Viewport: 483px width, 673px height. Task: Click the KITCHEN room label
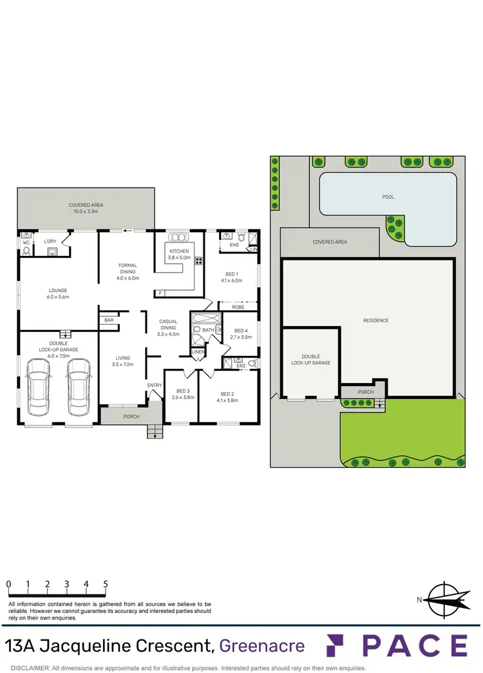(178, 251)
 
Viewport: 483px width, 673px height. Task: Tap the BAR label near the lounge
(109, 320)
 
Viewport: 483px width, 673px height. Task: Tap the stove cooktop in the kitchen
(198, 261)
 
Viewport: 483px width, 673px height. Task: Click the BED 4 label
(240, 330)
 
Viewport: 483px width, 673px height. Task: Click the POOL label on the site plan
(388, 197)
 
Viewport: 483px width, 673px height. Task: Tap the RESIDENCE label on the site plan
(376, 320)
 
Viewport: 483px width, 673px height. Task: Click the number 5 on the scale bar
(105, 584)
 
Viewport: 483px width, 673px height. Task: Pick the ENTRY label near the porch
(155, 385)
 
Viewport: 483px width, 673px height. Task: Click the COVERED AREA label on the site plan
(330, 242)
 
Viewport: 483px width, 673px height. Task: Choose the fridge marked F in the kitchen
(159, 293)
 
